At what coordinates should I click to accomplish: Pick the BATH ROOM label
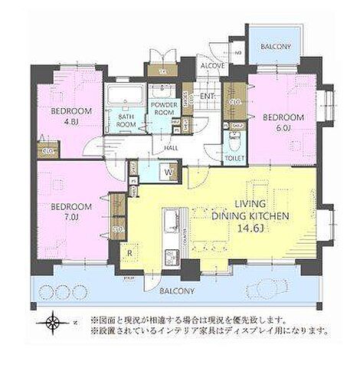127,119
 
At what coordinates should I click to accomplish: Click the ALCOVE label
212,66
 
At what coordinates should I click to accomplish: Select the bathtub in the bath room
125,95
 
